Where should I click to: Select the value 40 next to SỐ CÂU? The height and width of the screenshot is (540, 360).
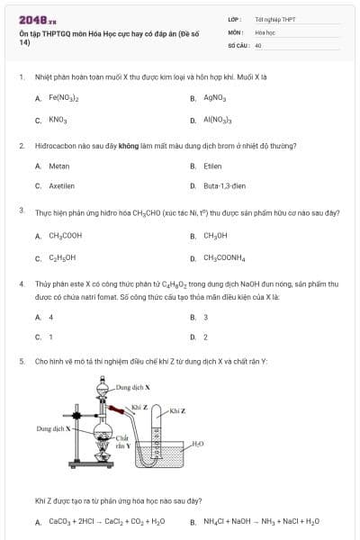pos(258,44)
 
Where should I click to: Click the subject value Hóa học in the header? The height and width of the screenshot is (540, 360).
pos(265,31)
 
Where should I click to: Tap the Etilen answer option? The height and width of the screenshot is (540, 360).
pos(212,166)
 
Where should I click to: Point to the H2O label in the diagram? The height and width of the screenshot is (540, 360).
pos(198,444)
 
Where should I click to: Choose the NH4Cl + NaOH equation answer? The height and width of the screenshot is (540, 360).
pos(261,522)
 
